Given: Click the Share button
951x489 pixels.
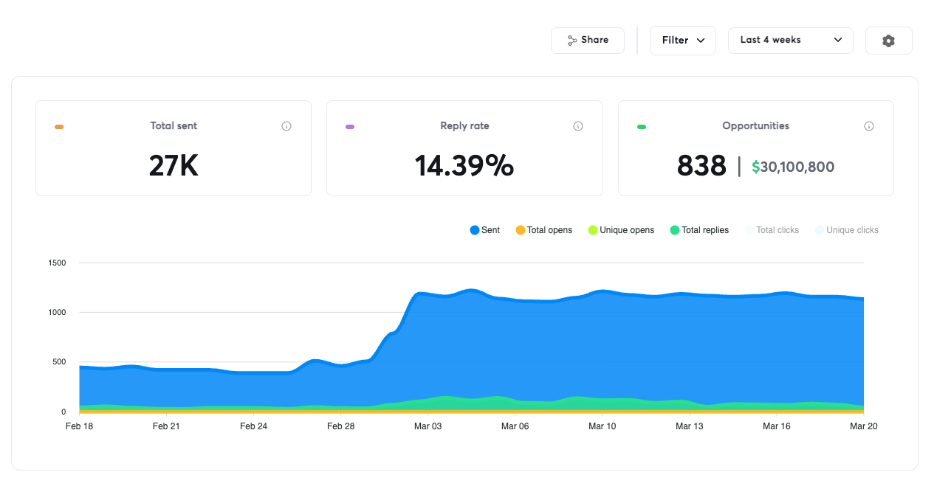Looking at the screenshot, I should tap(587, 41).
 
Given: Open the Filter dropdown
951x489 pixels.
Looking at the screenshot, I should tap(682, 41).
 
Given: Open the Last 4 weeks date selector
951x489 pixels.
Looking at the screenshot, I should tap(790, 41).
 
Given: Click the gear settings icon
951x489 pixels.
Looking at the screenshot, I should tap(888, 41).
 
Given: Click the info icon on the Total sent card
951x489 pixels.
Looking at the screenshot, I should tap(286, 126).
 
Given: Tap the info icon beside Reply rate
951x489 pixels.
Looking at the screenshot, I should tap(578, 126).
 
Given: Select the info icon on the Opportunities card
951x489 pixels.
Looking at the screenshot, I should tap(869, 126).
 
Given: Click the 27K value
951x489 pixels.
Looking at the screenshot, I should tap(174, 166).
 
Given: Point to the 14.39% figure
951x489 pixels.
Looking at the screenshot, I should tap(464, 166).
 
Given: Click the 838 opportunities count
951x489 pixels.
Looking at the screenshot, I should tap(701, 166).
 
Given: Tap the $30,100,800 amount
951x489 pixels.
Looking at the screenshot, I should tap(793, 167).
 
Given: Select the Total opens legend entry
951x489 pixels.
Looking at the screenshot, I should tap(544, 230).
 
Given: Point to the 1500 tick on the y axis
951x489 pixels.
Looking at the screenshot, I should tap(57, 263).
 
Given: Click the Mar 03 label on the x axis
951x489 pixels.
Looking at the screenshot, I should tap(428, 426).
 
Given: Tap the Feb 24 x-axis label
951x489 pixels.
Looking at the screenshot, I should tap(253, 426).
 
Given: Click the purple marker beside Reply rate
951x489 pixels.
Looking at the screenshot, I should tap(350, 127).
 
